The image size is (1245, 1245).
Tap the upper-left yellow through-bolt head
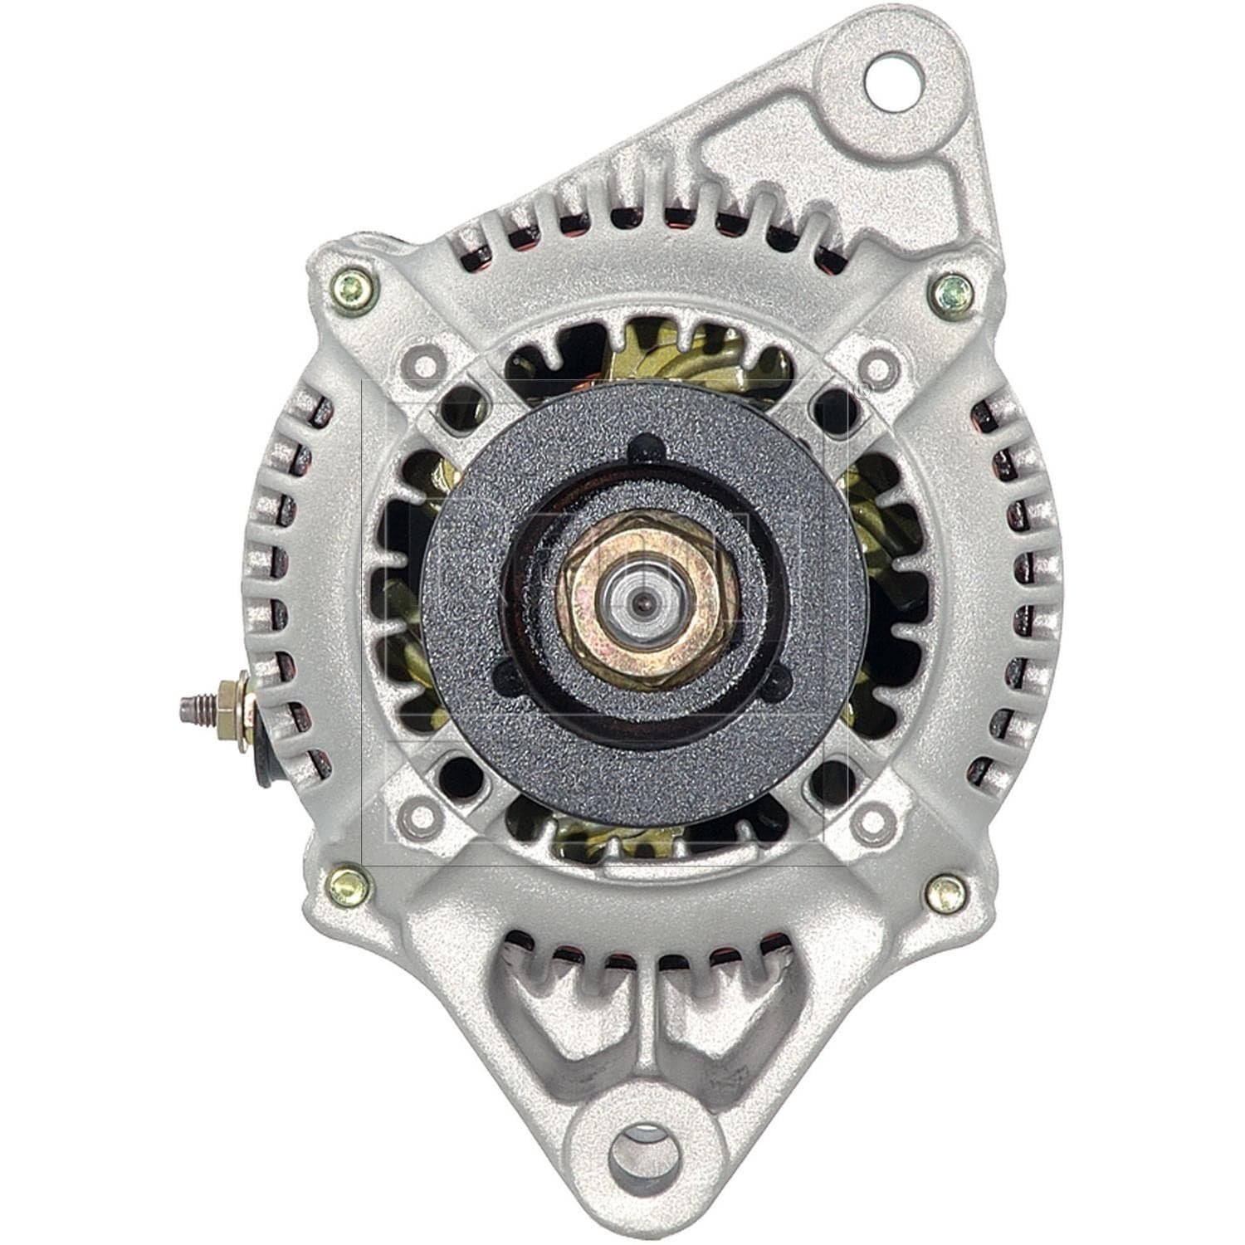tap(352, 290)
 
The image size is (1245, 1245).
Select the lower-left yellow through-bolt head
tap(349, 885)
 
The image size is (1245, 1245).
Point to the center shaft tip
tap(643, 599)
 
